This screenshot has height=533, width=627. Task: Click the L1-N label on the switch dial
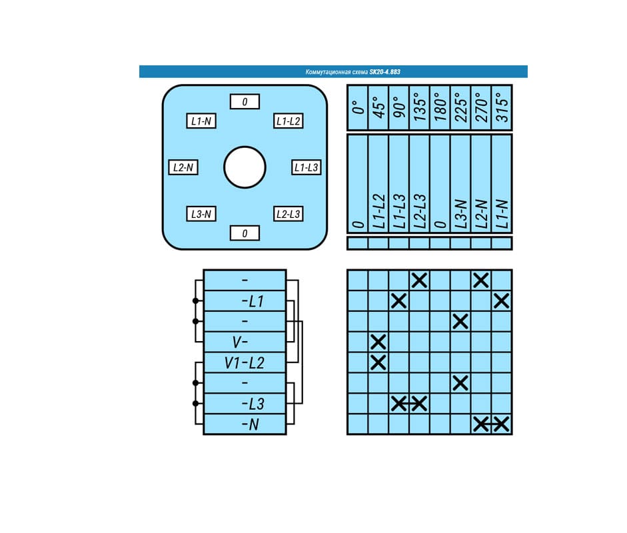201,121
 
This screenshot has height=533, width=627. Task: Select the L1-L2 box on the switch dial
289,121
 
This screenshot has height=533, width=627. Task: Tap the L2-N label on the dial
183,167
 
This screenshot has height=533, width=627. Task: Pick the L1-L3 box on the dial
307,167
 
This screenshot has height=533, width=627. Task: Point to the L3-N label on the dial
201,214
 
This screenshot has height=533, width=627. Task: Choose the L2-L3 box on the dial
289,214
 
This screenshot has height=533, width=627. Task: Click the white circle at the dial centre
245,167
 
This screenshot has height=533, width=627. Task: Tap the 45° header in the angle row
378,107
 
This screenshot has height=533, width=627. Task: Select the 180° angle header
440,107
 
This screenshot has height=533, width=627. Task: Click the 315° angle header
502,107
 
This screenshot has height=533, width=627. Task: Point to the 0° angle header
358,107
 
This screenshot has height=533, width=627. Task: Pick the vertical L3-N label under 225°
460,214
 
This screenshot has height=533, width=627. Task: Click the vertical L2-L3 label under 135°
420,211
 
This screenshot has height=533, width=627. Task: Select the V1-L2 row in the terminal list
245,362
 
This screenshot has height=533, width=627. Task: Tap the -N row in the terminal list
245,424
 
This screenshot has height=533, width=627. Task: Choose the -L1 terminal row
245,301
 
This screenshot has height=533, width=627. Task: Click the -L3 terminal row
245,404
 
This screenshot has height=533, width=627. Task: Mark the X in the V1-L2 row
378,362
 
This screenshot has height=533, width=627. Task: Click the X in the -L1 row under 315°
502,301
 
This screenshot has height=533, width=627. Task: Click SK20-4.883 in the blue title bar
384,72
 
